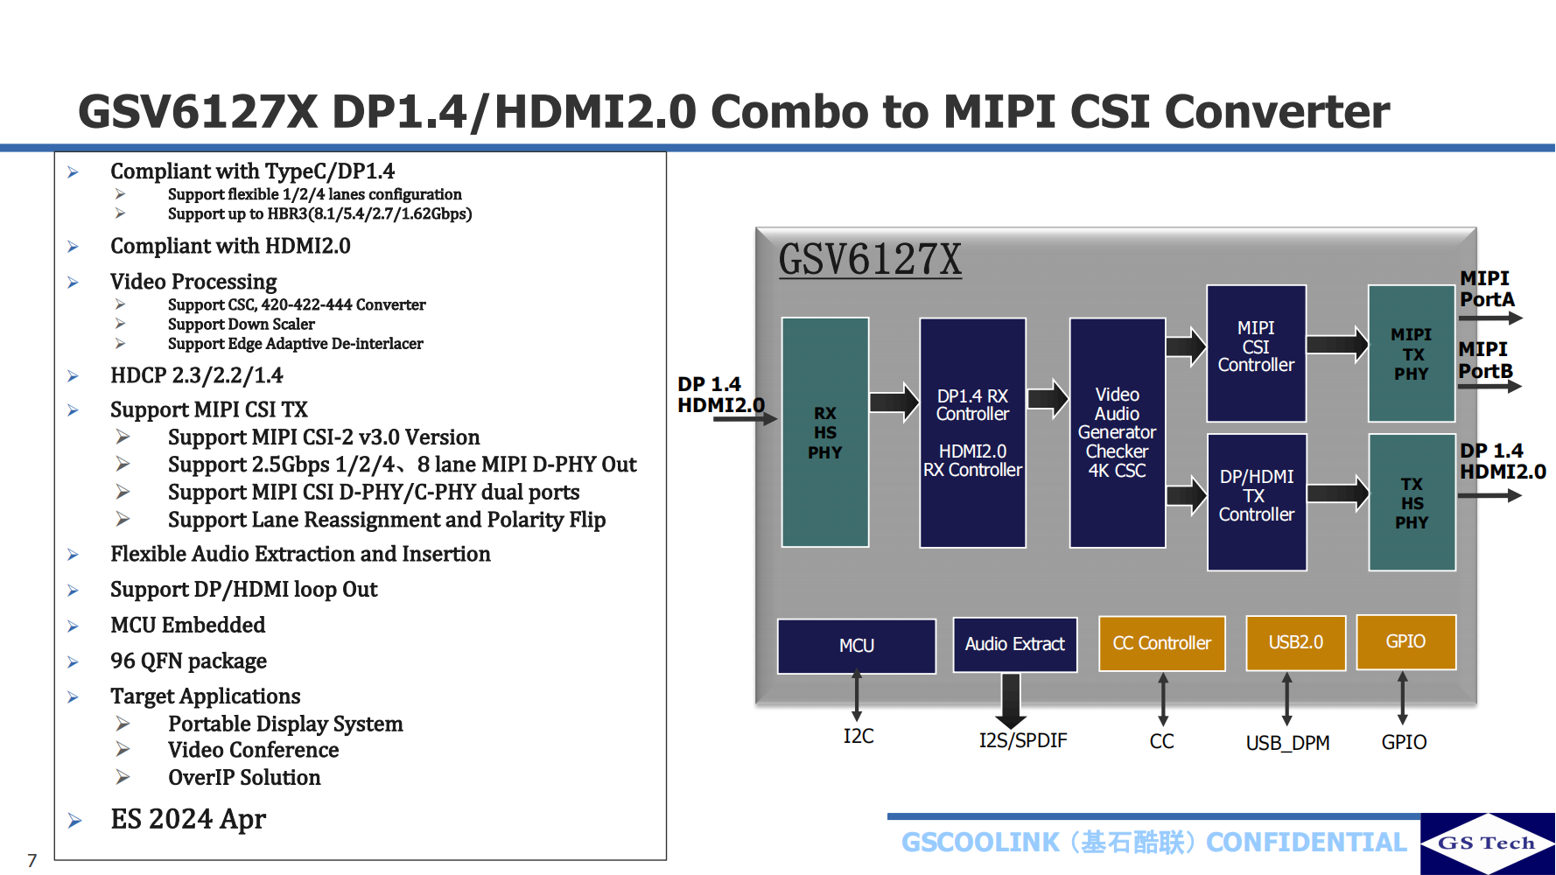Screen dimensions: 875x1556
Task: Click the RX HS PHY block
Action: coord(824,432)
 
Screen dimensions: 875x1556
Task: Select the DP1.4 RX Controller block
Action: coord(972,432)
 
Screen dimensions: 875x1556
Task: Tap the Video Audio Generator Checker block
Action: coord(1117,432)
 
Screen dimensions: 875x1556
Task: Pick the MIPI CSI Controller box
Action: coord(1256,353)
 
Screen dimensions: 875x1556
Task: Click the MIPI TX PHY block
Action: coord(1411,353)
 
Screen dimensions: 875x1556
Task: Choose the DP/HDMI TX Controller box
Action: coord(1257,502)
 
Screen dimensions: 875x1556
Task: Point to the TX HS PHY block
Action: coord(1411,502)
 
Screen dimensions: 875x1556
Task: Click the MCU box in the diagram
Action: coord(856,646)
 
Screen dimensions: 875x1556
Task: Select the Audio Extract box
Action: coord(1014,644)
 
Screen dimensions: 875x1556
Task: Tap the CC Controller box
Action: coord(1161,643)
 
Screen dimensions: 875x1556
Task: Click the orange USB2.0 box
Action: coord(1295,642)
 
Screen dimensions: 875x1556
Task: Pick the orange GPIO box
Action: coord(1405,641)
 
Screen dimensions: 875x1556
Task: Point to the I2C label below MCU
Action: coord(858,737)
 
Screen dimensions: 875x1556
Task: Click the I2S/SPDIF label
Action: coord(1022,741)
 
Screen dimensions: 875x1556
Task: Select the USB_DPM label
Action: coord(1287,743)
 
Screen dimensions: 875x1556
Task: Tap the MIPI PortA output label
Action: coord(1486,289)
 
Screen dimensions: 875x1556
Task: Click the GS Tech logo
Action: coord(1487,843)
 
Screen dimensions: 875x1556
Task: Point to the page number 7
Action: coord(32,860)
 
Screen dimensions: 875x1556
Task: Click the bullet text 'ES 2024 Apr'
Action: coord(188,819)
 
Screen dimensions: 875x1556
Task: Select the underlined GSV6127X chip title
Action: coord(870,259)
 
